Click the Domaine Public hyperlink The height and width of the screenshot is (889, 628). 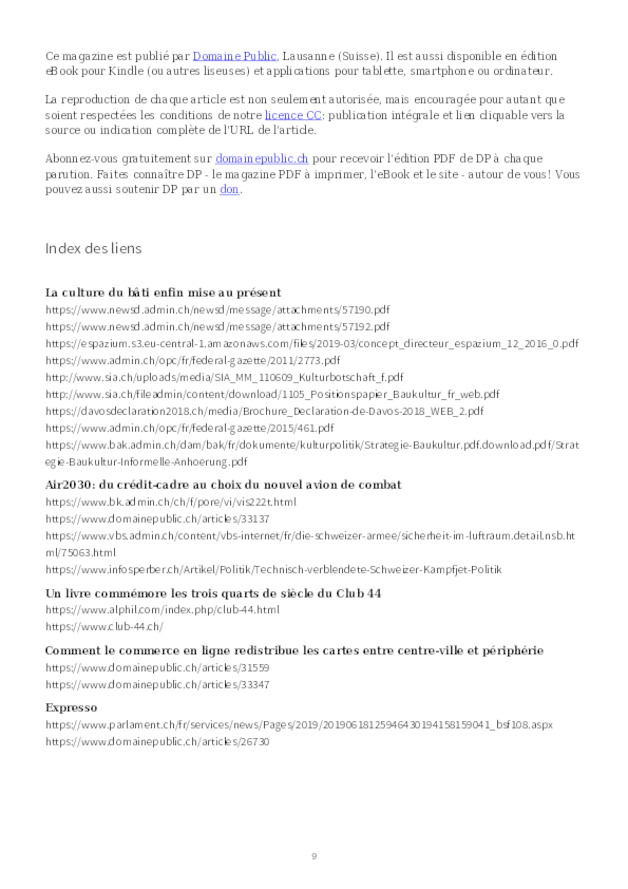click(x=235, y=57)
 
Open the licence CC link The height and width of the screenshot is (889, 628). click(x=293, y=115)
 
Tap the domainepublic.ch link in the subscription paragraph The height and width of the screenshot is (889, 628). click(x=262, y=159)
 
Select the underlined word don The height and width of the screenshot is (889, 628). click(x=229, y=190)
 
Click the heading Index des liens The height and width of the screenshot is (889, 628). click(x=93, y=248)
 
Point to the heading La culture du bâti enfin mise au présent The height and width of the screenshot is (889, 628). click(x=163, y=293)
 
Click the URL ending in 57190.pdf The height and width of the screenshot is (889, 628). click(x=218, y=310)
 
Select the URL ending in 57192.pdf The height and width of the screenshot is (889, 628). click(x=218, y=327)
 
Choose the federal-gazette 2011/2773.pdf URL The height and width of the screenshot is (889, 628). click(x=193, y=361)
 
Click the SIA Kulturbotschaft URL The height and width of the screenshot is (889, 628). click(x=225, y=377)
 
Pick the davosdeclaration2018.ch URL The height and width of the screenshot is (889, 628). click(x=265, y=411)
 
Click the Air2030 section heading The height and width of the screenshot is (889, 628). click(x=223, y=485)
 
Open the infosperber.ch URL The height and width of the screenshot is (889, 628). click(x=273, y=570)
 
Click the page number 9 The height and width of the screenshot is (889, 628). click(x=314, y=856)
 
